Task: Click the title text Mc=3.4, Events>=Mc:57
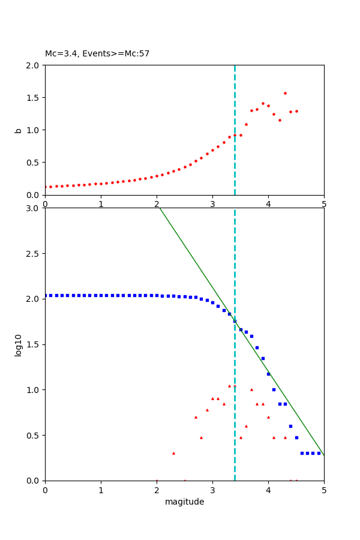tap(97, 54)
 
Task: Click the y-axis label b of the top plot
tap(19, 130)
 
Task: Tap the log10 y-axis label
tap(19, 345)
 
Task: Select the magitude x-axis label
tap(184, 502)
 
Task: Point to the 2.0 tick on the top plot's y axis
tap(33, 65)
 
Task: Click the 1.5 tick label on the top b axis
tap(33, 98)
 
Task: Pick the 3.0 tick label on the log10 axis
tap(33, 208)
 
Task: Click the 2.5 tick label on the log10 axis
tap(33, 254)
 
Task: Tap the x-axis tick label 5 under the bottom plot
tap(324, 490)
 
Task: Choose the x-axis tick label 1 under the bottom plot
tap(101, 490)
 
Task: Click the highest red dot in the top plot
tap(285, 93)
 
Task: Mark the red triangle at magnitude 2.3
tap(173, 453)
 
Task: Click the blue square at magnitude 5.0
tap(319, 453)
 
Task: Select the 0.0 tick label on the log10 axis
tap(33, 481)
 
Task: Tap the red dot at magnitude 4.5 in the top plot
tap(296, 111)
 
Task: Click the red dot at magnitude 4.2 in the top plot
tap(280, 120)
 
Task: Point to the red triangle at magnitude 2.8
tap(201, 437)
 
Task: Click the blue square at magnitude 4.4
tap(290, 426)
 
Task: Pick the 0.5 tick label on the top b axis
tap(33, 163)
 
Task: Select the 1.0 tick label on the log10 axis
tap(33, 390)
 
